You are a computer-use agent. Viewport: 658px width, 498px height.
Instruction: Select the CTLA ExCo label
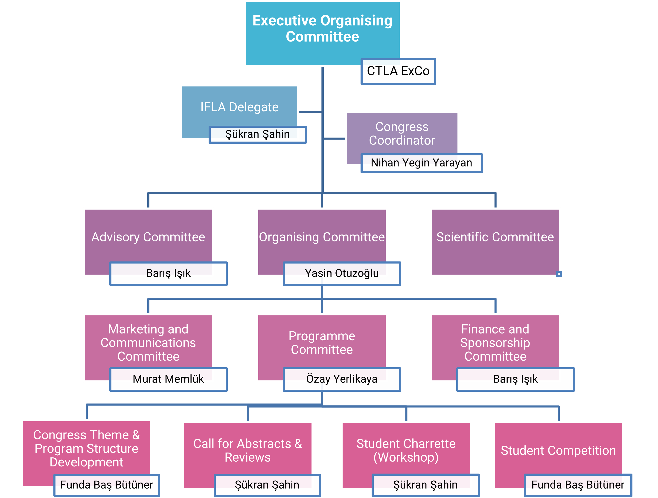tap(398, 71)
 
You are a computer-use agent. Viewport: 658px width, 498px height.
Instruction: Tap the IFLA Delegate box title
tap(239, 107)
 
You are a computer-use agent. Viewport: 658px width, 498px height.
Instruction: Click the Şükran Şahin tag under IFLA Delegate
tap(257, 134)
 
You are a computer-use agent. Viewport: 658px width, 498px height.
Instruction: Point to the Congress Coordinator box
tap(402, 133)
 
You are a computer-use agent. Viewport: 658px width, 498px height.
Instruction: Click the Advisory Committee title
tap(148, 237)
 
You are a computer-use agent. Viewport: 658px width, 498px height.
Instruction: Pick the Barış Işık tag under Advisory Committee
tap(168, 273)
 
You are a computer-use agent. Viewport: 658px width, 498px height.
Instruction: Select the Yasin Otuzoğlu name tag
tap(342, 273)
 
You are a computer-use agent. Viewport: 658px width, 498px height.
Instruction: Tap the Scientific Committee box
tap(495, 237)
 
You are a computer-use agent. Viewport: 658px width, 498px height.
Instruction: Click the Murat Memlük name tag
tap(168, 379)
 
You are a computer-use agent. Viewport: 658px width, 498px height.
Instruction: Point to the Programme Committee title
tap(322, 343)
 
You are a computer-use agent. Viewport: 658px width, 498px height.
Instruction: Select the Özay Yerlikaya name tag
tap(342, 379)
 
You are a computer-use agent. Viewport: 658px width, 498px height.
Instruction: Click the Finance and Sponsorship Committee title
tap(495, 343)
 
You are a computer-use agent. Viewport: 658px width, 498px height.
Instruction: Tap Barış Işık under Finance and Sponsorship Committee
tap(515, 379)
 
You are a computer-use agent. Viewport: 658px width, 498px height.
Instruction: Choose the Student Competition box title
tap(558, 450)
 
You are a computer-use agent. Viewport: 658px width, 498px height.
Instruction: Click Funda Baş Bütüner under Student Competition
tap(578, 485)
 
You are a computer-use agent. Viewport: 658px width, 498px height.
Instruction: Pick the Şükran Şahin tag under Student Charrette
tap(425, 485)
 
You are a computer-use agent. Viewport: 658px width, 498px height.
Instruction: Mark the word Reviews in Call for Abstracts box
tap(247, 457)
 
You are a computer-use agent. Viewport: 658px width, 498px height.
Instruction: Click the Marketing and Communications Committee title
tap(148, 343)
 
